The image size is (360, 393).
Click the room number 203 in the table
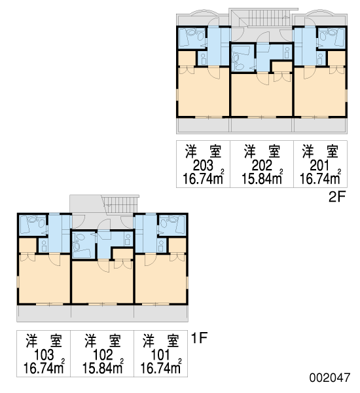point(203,166)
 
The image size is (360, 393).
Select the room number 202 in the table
point(262,166)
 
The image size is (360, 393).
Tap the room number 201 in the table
point(320,166)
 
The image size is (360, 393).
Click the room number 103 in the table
point(44,355)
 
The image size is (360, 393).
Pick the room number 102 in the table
point(103,355)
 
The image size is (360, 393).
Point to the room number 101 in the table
point(161,355)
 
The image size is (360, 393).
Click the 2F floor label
point(337,197)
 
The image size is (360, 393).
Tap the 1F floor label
point(199,338)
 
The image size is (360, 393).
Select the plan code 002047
point(329,377)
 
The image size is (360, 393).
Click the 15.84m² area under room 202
point(262,178)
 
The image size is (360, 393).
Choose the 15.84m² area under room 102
point(103,367)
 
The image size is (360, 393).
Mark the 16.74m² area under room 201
point(321,178)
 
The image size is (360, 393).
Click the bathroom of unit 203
point(192,38)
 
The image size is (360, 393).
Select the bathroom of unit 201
point(331,38)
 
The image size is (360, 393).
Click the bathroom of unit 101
point(172,225)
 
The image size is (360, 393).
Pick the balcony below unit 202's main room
point(262,125)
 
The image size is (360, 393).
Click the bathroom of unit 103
point(33,225)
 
